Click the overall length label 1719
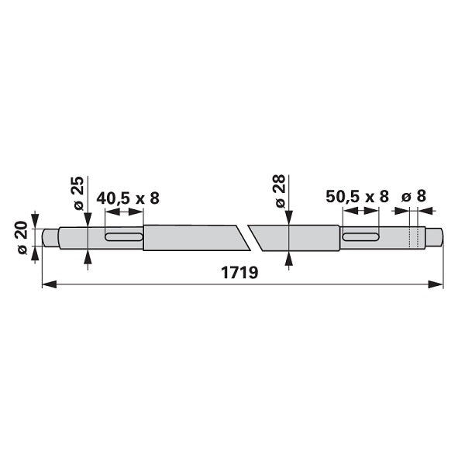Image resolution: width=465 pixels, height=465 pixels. click(239, 272)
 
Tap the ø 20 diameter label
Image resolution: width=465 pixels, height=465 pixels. click(22, 237)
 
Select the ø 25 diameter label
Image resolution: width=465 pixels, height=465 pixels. click(78, 193)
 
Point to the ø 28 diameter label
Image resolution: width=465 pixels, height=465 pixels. click(280, 191)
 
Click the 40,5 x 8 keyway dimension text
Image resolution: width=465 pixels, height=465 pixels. click(128, 198)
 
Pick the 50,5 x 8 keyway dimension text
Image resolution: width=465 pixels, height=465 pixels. click(357, 197)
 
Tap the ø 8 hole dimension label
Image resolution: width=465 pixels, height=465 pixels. click(413, 196)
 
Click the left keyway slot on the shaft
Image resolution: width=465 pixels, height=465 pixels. click(124, 236)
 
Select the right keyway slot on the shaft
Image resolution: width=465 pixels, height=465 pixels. click(361, 236)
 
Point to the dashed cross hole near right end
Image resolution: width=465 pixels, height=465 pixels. click(414, 237)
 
